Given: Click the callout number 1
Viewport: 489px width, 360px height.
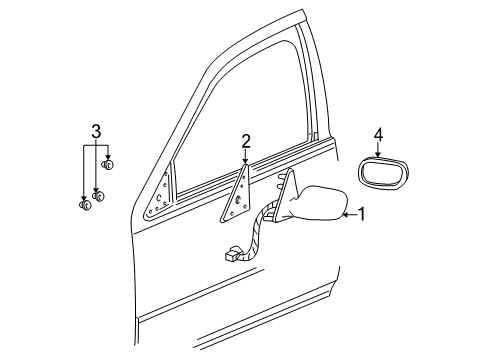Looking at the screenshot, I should click(x=361, y=213).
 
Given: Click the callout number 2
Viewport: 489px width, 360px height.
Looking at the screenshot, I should click(x=245, y=141).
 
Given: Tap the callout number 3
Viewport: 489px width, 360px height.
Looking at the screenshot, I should click(x=96, y=131).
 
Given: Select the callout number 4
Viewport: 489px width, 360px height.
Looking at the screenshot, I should click(x=378, y=133).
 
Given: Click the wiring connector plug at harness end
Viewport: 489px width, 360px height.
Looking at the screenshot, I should click(x=232, y=254).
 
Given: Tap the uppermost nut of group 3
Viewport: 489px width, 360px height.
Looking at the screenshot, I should click(x=108, y=165).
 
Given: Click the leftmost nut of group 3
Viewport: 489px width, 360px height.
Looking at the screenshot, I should click(x=85, y=206).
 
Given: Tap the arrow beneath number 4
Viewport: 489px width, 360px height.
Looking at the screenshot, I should click(x=378, y=149).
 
